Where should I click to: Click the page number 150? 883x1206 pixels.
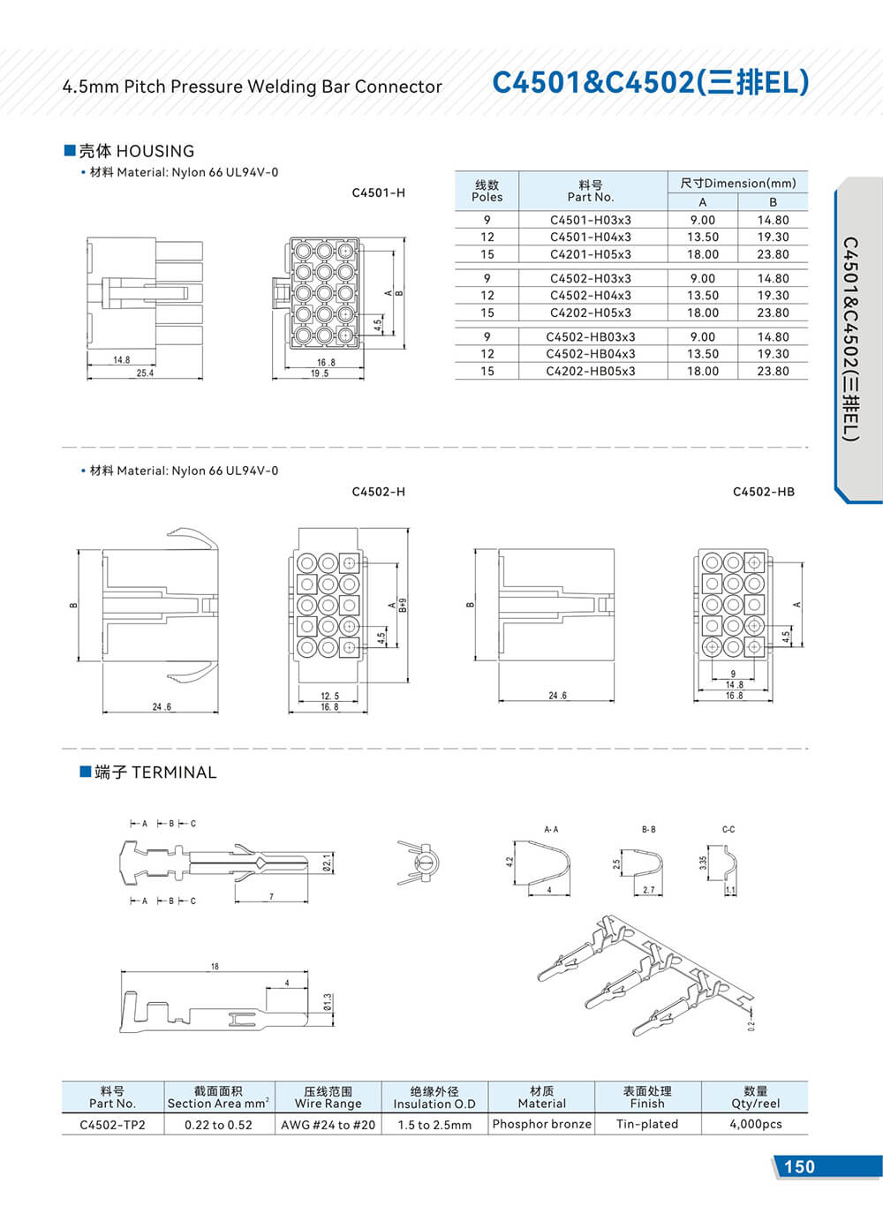click(x=799, y=1166)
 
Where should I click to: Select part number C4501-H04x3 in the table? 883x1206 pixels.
click(x=590, y=237)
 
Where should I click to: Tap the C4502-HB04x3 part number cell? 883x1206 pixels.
click(x=590, y=354)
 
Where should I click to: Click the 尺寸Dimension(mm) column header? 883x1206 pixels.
click(x=737, y=183)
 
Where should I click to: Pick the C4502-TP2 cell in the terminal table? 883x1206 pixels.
click(x=112, y=1125)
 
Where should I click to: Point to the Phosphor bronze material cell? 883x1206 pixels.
click(x=541, y=1124)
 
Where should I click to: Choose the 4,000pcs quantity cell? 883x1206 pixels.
click(x=755, y=1124)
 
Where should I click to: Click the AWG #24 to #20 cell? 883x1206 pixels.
click(x=328, y=1125)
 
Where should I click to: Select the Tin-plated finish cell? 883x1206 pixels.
click(x=647, y=1124)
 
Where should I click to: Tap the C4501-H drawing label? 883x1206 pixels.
click(x=378, y=192)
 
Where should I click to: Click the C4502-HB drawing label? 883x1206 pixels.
click(x=763, y=492)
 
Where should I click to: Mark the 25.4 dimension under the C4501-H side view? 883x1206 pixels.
click(x=145, y=373)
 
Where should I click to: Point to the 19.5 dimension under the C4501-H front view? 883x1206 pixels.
click(x=319, y=374)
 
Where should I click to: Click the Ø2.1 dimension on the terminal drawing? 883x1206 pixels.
click(x=327, y=862)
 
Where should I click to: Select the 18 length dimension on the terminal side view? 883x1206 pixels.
click(x=215, y=967)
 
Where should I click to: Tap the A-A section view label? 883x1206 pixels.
click(x=551, y=830)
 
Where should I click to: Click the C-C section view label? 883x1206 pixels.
click(x=728, y=830)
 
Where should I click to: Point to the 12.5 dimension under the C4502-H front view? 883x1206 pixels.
click(x=329, y=697)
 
